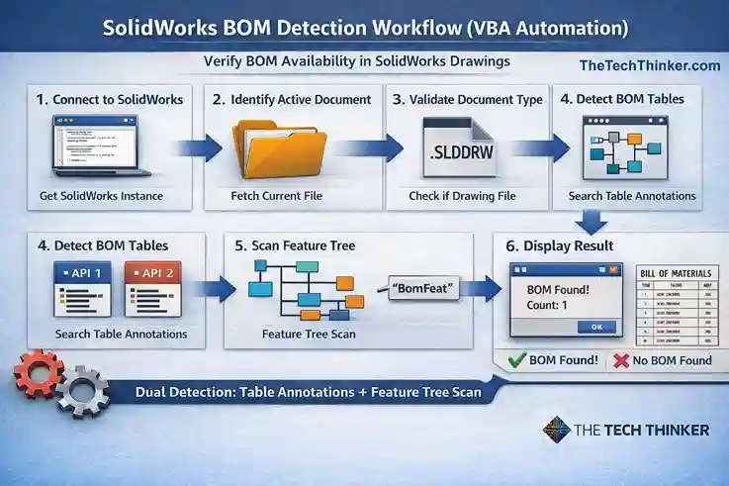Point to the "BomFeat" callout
[x=421, y=288]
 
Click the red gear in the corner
[x=37, y=374]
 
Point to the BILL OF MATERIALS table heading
[x=672, y=271]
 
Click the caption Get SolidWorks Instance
[x=101, y=196]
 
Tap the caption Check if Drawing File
[x=462, y=196]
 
